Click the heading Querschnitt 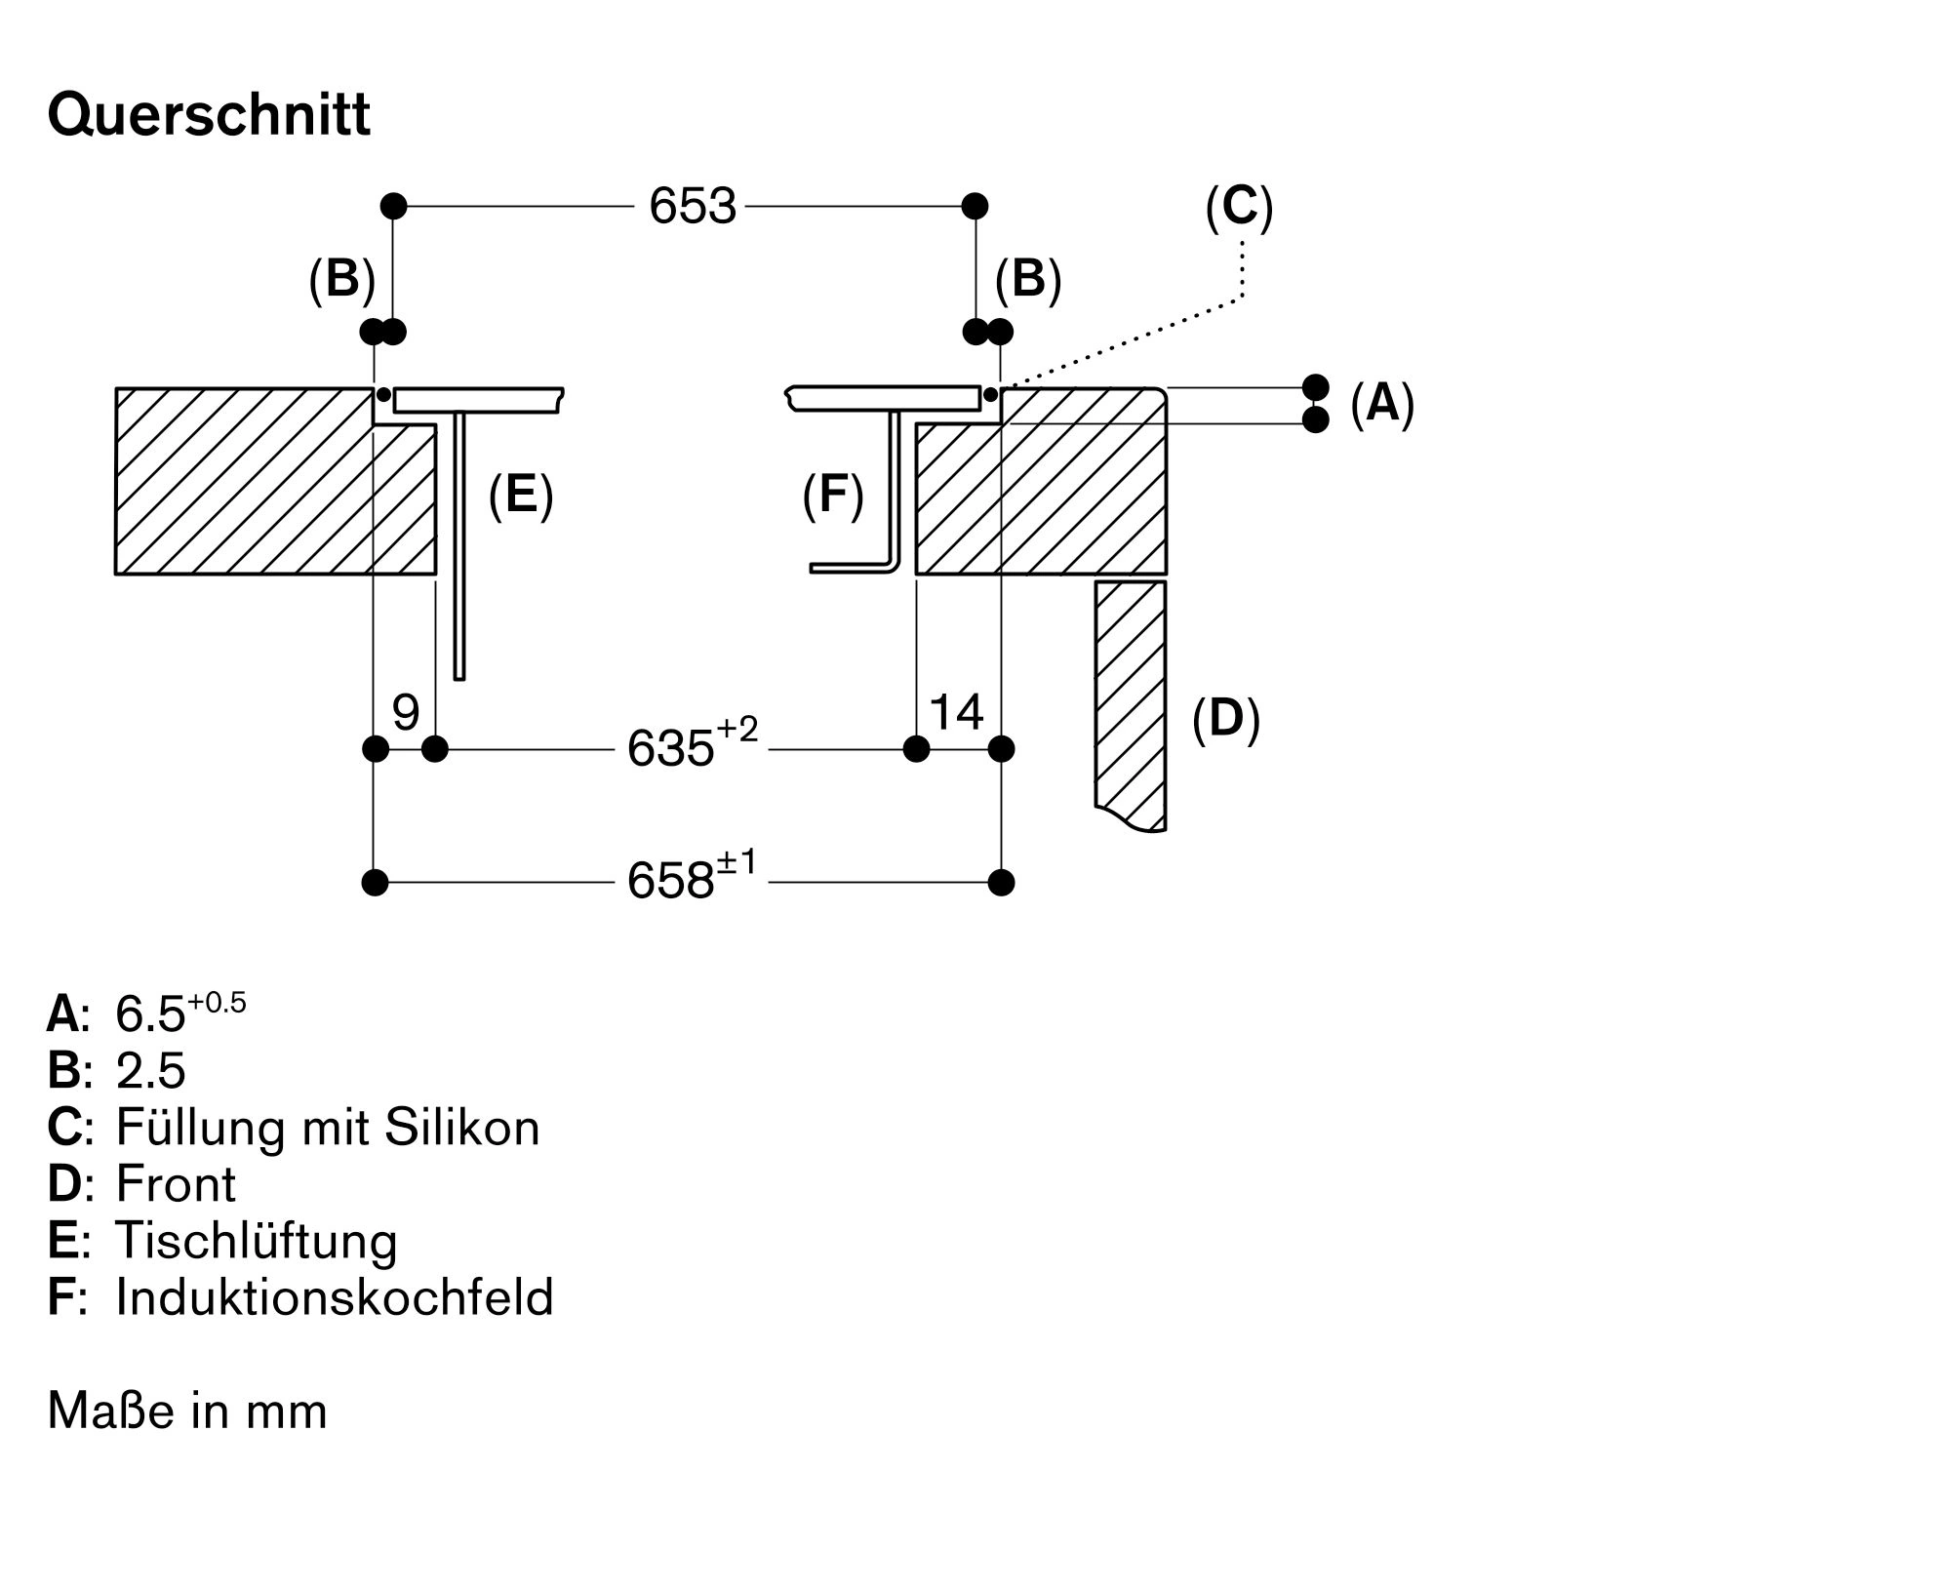pyautogui.click(x=209, y=116)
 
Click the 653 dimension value pyautogui.click(x=692, y=207)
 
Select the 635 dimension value pyautogui.click(x=671, y=749)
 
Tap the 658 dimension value pyautogui.click(x=671, y=882)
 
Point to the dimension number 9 pyautogui.click(x=406, y=713)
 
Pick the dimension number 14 pyautogui.click(x=956, y=713)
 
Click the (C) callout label pyautogui.click(x=1239, y=208)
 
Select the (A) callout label pyautogui.click(x=1382, y=403)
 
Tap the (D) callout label pyautogui.click(x=1226, y=719)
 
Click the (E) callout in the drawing pyautogui.click(x=521, y=494)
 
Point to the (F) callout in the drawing pyautogui.click(x=833, y=494)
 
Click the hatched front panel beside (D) pyautogui.click(x=1131, y=702)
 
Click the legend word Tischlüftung pyautogui.click(x=257, y=1241)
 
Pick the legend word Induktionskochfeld pyautogui.click(x=335, y=1297)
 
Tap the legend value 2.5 pyautogui.click(x=150, y=1071)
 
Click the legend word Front pyautogui.click(x=176, y=1184)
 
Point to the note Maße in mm pyautogui.click(x=187, y=1411)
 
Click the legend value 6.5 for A pyautogui.click(x=150, y=1014)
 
